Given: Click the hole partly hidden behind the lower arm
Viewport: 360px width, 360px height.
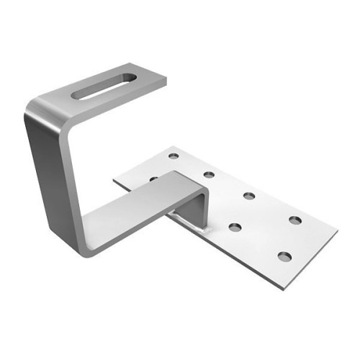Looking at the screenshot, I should (153, 179).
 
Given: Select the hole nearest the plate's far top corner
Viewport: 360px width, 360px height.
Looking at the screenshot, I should (173, 156).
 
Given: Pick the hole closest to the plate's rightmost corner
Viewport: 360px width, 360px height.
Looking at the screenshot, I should (295, 219).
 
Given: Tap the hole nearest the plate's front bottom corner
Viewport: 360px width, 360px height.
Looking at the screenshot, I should (284, 256).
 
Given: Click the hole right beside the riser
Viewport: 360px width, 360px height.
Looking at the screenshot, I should (235, 228).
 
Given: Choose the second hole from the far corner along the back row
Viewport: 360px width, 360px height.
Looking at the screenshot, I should (209, 174).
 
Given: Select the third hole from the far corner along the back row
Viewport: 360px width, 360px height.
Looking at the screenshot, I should (249, 195).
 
